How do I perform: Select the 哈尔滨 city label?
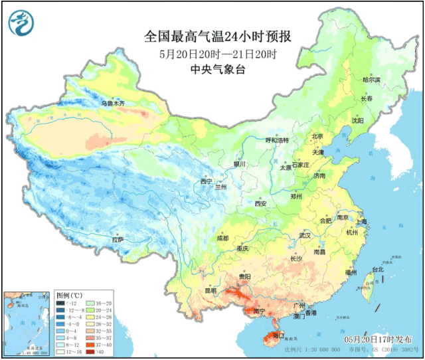click(372, 80)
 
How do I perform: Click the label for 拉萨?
click(118, 239)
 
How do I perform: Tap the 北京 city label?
click(317, 137)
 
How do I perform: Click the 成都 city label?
click(222, 238)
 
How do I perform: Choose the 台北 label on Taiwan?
click(378, 270)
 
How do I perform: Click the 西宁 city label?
click(207, 181)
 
